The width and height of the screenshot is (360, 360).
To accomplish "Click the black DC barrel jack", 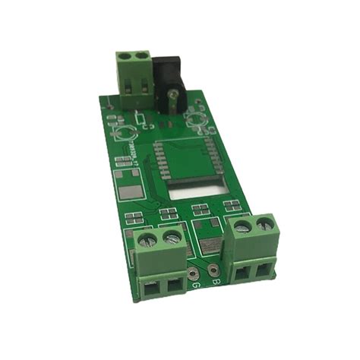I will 169,76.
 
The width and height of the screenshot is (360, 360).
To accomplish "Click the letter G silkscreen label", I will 195,285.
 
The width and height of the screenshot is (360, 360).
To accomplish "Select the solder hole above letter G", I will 195,272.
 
